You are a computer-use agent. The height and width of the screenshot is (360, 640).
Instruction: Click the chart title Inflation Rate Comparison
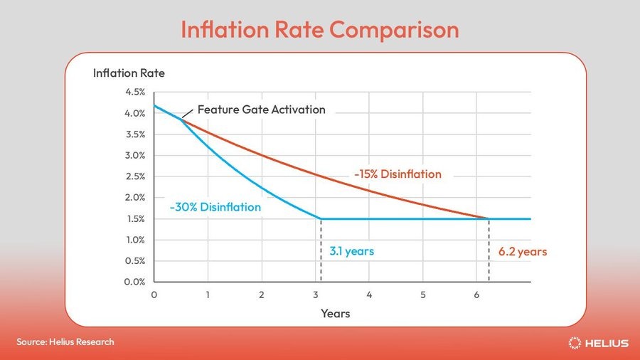coord(319,29)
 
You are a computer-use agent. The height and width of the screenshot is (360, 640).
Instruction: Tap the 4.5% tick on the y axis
coord(135,92)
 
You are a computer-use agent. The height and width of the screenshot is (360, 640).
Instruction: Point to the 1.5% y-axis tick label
coord(135,218)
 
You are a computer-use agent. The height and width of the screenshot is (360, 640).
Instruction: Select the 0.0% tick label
coord(135,282)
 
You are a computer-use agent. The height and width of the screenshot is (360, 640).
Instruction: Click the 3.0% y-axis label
coord(135,155)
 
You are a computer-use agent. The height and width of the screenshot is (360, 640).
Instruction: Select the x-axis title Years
coord(335,313)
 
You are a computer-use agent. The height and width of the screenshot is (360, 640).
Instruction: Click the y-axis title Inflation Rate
coord(129,73)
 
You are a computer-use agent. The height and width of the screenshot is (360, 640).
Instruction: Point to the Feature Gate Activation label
coord(261,110)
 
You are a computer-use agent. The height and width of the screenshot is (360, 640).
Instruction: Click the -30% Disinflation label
coord(215,207)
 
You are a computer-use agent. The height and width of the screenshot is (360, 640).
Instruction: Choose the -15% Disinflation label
coord(398,174)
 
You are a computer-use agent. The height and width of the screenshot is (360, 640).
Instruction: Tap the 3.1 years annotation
coord(351,251)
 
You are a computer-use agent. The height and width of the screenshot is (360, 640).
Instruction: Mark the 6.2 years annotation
coord(523,251)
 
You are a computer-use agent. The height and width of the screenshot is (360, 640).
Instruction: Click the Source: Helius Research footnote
coord(65,342)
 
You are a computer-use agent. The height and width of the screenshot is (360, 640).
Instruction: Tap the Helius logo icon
coord(575,343)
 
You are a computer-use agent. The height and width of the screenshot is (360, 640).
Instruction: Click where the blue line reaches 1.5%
coord(321,218)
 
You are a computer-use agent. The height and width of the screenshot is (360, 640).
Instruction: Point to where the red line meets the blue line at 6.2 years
coord(489,218)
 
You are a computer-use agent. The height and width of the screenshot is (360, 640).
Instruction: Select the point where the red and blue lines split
coord(181,120)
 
